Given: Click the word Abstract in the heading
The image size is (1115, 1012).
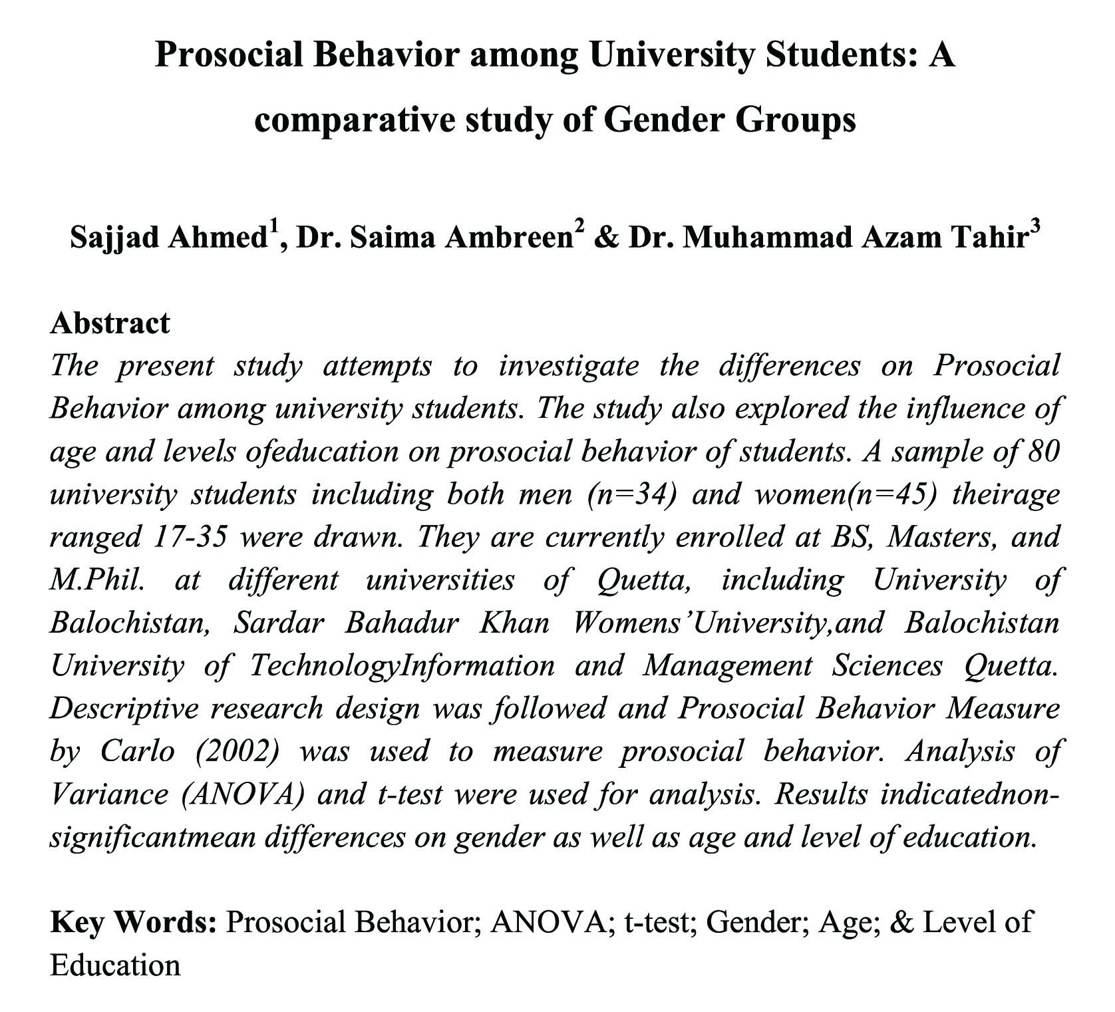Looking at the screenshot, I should click(x=110, y=323).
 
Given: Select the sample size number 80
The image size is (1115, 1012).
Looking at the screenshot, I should click(x=1042, y=452).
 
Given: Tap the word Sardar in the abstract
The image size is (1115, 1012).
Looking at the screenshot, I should click(x=279, y=623).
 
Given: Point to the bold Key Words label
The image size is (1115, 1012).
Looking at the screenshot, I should click(x=133, y=923).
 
